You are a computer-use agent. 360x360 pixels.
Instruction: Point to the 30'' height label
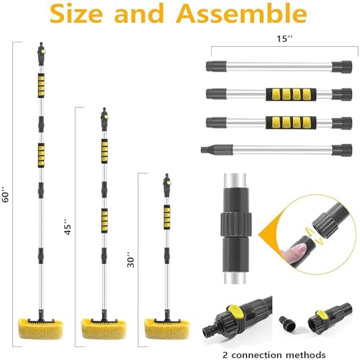pyautogui.click(x=130, y=256)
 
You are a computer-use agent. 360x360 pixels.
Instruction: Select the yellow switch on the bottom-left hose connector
pyautogui.click(x=231, y=311)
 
